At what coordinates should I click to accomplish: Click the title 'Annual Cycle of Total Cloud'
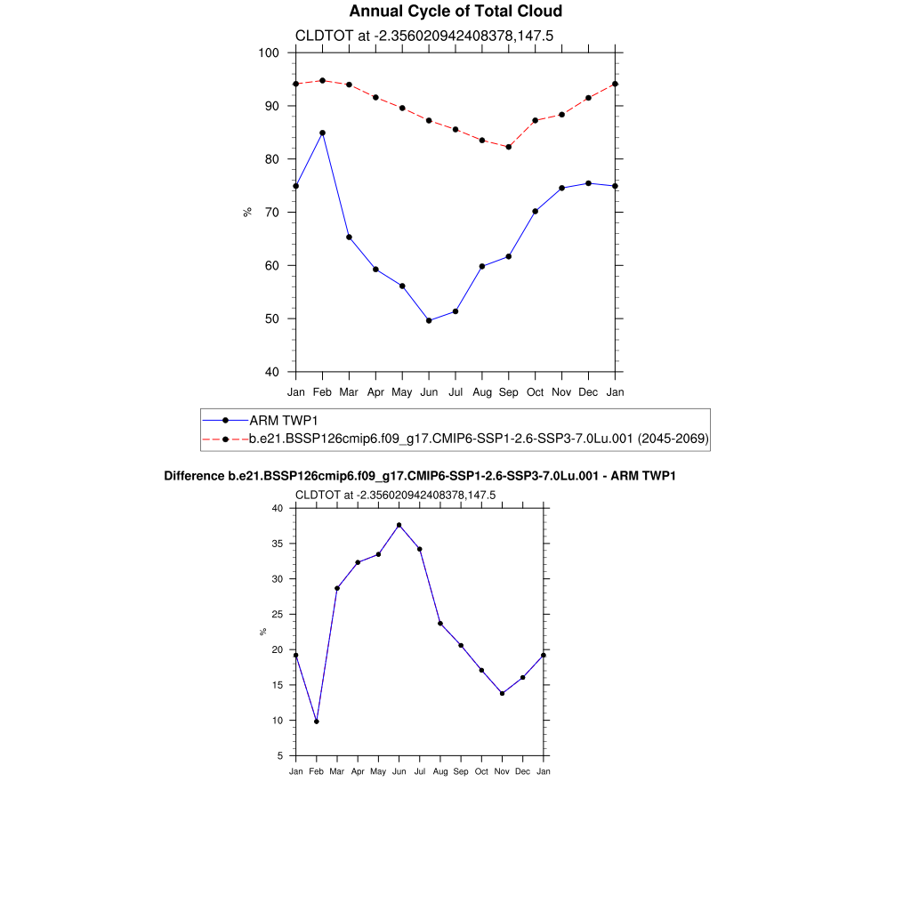pos(455,12)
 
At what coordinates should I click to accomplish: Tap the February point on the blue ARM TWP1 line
pos(322,133)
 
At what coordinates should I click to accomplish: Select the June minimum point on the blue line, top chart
pos(429,320)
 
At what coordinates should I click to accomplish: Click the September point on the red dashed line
pos(509,147)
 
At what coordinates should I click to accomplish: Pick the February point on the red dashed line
pos(322,81)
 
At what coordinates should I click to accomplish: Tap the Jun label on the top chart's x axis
pos(429,391)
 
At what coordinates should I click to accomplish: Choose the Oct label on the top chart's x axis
pos(536,391)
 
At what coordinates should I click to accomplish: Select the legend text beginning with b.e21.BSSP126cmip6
pos(479,439)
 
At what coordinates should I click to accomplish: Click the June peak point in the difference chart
pos(399,525)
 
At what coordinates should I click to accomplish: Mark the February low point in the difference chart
pos(316,722)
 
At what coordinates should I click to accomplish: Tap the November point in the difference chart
pos(502,693)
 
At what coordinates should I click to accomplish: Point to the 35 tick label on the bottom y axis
pos(278,544)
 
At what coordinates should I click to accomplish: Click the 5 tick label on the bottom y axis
pos(280,756)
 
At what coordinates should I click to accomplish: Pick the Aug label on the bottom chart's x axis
pos(439,771)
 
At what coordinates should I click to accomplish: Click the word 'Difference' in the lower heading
pos(189,477)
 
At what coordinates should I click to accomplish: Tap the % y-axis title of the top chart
pos(247,212)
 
